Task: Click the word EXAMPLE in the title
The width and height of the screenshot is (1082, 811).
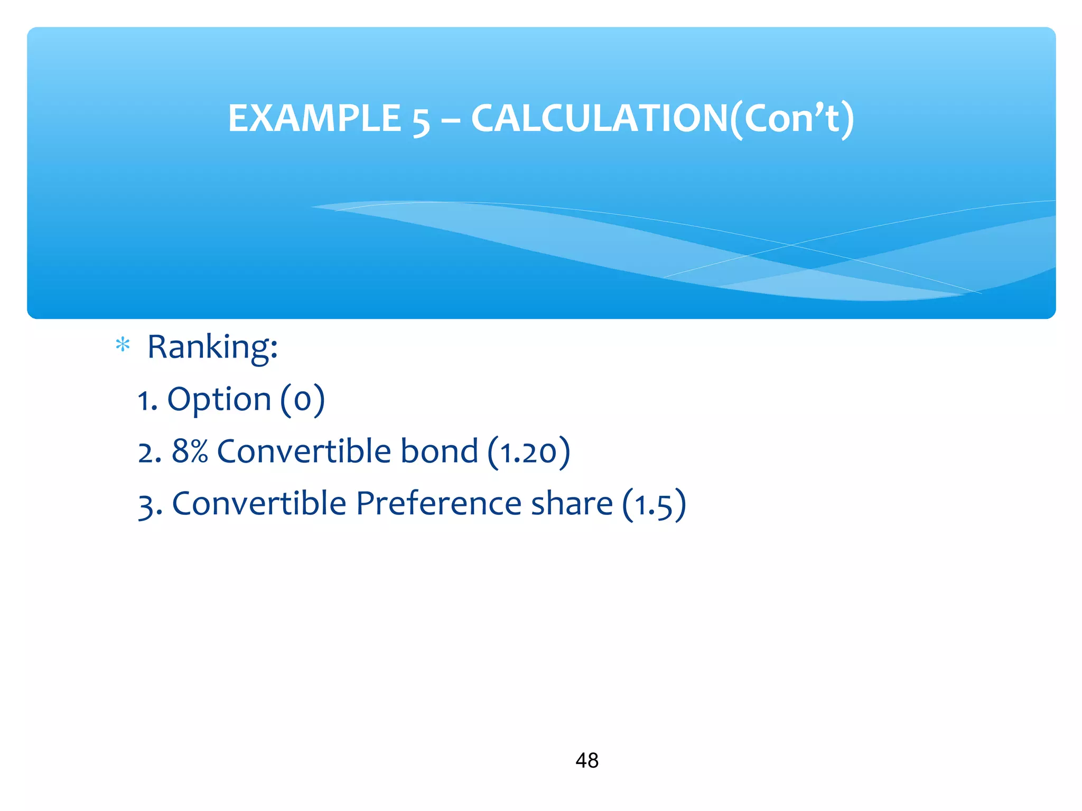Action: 314,118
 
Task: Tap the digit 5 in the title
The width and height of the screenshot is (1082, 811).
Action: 421,120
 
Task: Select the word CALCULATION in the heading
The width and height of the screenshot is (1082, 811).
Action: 599,118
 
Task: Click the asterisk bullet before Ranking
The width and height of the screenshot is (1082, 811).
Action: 123,345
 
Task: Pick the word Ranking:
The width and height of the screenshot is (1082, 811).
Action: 212,347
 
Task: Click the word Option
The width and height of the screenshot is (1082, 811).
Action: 219,400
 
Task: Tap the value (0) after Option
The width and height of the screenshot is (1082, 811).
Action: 302,400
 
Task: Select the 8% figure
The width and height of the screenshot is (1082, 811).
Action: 190,451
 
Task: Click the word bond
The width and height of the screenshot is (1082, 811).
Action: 439,451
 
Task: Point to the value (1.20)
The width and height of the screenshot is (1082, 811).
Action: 529,452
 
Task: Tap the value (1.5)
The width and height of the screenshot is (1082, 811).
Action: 654,504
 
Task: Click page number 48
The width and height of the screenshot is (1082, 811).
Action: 587,760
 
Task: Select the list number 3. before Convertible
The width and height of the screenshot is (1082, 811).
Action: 150,505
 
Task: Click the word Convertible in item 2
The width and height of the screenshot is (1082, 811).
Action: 304,451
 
